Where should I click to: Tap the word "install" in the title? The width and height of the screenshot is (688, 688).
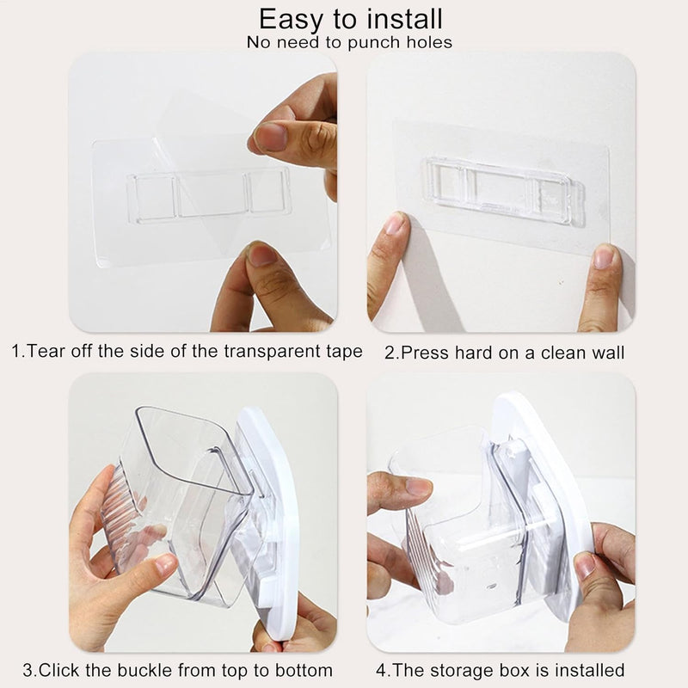(404, 19)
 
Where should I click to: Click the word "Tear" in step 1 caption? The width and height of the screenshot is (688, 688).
(46, 351)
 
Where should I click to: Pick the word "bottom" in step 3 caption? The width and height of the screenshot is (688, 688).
(304, 671)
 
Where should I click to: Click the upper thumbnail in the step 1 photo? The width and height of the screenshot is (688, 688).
(270, 137)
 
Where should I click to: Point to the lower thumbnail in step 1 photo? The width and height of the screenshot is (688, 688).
(261, 255)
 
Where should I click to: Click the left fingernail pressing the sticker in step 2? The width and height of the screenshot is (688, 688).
(394, 224)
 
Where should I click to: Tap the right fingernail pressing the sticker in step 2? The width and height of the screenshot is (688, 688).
(604, 256)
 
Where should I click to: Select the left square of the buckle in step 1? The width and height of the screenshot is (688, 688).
(155, 197)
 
